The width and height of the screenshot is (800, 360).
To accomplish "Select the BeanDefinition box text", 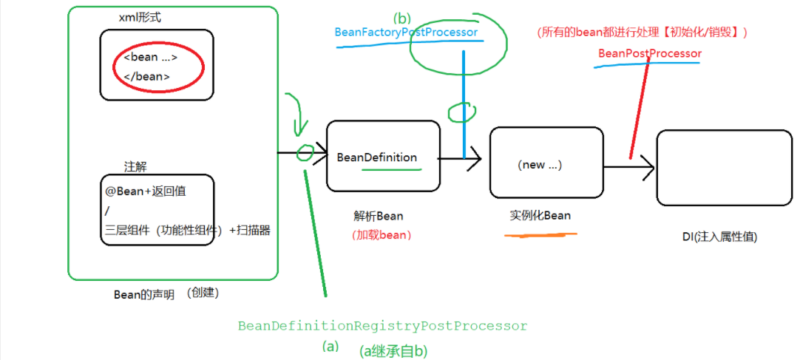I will (x=376, y=157).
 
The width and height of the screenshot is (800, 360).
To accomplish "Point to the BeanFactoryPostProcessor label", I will (x=406, y=33).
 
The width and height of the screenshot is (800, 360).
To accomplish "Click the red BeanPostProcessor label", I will (x=649, y=54).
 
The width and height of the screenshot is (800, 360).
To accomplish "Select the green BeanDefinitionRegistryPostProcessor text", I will (x=382, y=326).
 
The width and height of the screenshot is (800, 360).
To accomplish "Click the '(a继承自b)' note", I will (x=393, y=350).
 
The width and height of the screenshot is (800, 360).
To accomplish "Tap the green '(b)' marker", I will (x=401, y=17).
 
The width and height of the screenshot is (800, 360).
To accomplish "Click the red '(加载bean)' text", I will (x=382, y=235).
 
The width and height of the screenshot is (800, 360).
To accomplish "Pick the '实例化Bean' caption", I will (x=540, y=215).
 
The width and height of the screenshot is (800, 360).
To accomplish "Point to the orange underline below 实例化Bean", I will (x=540, y=235).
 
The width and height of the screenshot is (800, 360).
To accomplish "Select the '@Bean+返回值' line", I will (x=145, y=191).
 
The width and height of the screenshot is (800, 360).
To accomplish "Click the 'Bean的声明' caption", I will (x=143, y=294).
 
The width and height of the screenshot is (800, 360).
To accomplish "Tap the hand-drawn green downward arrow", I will (x=299, y=118).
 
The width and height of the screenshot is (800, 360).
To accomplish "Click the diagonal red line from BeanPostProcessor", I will (x=640, y=111).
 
